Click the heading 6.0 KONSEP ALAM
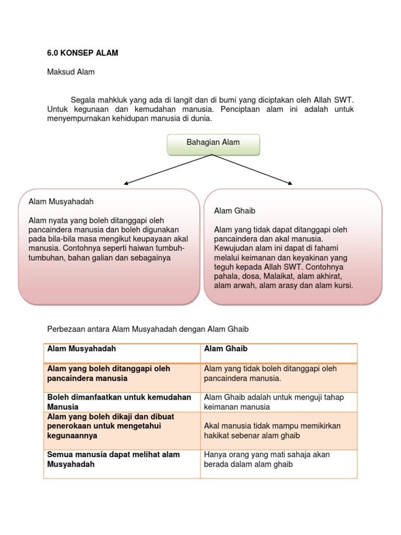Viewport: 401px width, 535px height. coord(82,53)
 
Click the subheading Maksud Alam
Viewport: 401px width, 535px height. coord(71,72)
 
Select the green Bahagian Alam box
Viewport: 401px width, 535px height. coord(213,145)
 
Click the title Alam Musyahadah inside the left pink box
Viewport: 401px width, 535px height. coord(61,201)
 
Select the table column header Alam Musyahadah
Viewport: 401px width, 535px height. coord(81,348)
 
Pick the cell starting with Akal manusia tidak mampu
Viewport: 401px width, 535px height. coord(272,431)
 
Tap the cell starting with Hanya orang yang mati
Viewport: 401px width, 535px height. coord(267,459)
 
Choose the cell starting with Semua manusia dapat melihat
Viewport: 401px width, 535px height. coord(113,459)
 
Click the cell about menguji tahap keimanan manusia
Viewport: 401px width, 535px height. coord(274,402)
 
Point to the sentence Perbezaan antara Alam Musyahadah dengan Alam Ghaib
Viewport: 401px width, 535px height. coord(148,329)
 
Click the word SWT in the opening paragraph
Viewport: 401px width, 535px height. coord(346,100)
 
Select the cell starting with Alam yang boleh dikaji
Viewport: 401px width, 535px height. coord(111,426)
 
